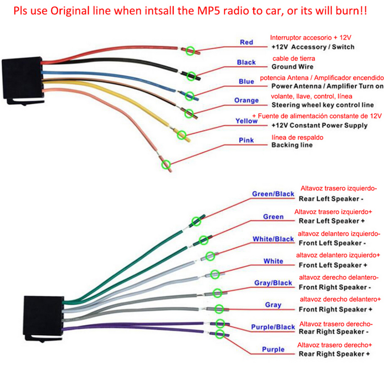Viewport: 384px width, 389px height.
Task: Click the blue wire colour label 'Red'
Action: [x=246, y=42]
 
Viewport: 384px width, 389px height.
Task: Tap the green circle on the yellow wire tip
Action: [x=182, y=135]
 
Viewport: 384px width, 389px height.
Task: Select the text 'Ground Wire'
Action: [x=292, y=67]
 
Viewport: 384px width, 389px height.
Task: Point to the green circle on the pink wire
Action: [x=166, y=165]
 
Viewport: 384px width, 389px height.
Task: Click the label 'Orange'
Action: [x=246, y=100]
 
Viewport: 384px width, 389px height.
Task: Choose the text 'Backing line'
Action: [x=292, y=145]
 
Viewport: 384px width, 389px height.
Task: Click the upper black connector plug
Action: [x=22, y=80]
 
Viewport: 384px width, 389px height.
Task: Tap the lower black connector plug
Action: [x=44, y=318]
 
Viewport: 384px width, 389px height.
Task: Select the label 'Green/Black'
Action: [x=273, y=194]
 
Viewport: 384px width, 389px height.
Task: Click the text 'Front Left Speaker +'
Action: [x=333, y=265]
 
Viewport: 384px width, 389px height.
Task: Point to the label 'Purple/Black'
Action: [x=273, y=327]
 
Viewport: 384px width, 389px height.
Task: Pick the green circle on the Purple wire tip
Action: [x=220, y=334]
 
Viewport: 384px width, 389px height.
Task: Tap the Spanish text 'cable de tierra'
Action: [x=294, y=59]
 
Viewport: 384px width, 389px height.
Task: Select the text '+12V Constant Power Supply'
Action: [x=320, y=126]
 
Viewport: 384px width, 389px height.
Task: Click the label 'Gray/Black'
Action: [x=273, y=283]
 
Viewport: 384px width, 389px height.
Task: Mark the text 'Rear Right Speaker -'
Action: [x=334, y=332]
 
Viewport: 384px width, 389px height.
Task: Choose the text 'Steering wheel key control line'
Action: [x=323, y=105]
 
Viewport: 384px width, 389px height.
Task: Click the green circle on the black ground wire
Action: [x=191, y=76]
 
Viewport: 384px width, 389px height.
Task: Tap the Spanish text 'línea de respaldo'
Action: [x=297, y=138]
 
